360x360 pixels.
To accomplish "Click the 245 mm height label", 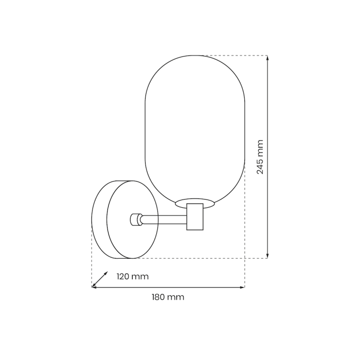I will click(x=260, y=157).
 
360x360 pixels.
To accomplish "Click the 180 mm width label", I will click(x=168, y=297).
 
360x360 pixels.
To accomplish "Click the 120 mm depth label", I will click(x=132, y=277).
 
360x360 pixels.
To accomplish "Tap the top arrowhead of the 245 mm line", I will click(x=267, y=58).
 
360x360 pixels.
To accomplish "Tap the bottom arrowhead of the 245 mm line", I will click(x=267, y=256).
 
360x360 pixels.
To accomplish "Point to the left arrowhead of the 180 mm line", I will click(x=94, y=287).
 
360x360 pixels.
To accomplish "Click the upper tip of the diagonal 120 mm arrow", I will click(x=106, y=273).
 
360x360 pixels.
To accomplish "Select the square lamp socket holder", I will click(x=195, y=217).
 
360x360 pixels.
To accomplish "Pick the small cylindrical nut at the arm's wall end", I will click(x=136, y=220).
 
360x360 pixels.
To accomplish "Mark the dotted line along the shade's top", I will click(x=231, y=55).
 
